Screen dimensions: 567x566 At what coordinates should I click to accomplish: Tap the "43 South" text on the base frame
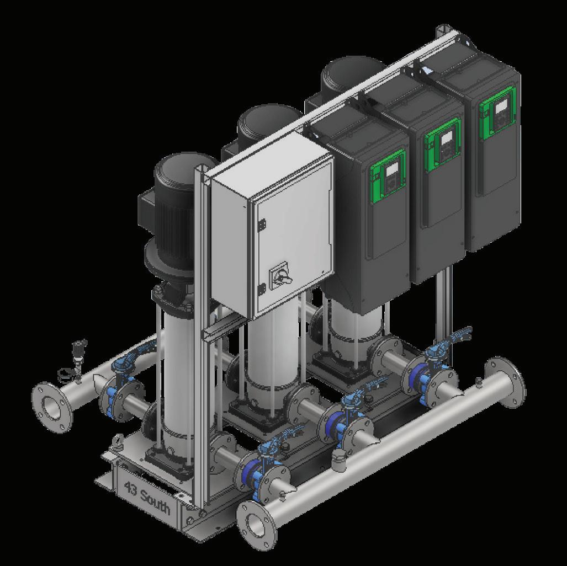pos(146,498)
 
